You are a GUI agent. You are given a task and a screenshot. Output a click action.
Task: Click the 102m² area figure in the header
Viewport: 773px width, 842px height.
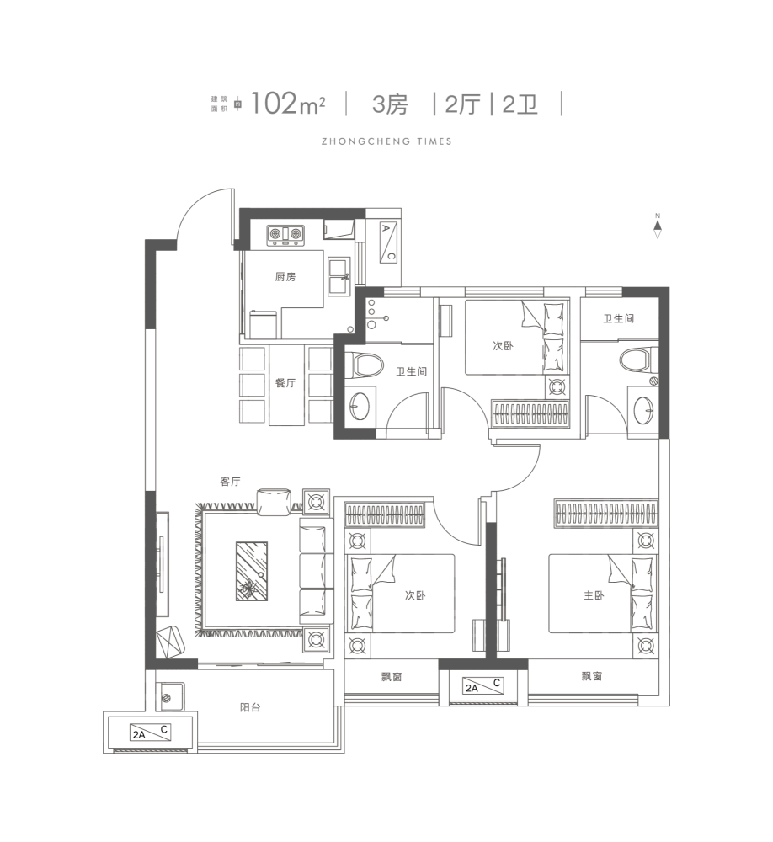287,103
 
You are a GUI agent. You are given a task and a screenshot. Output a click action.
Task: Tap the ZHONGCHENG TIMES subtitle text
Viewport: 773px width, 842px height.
386,141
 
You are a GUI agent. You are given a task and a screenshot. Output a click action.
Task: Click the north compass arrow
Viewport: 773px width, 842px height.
658,226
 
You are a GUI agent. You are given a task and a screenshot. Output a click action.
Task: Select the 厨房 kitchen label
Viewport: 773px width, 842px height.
285,276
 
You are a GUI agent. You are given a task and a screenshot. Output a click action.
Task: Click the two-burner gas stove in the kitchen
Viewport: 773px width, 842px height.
285,234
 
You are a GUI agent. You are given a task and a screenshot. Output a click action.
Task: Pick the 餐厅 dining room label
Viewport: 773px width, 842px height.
285,383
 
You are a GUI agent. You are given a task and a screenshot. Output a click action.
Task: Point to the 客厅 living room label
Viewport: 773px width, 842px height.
230,482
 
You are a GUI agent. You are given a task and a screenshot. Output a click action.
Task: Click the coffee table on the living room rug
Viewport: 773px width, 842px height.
252,571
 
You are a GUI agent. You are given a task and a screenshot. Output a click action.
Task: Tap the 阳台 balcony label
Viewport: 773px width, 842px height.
250,707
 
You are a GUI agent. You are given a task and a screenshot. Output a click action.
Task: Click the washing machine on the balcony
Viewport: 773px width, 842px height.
170,697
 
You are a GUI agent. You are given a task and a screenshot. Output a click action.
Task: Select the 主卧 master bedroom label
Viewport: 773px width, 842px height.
594,595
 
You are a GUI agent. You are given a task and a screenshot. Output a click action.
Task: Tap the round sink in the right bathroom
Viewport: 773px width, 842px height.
644,410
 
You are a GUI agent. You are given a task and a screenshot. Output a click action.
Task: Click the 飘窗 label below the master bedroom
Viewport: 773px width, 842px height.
591,676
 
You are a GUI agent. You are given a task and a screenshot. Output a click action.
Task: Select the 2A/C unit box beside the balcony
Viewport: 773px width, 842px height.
151,733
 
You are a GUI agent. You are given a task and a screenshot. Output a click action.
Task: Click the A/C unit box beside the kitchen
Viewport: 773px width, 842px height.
388,242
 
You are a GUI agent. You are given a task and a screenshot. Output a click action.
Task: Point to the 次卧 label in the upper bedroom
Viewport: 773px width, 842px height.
504,346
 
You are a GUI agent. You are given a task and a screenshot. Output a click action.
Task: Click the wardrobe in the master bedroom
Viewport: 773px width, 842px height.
606,514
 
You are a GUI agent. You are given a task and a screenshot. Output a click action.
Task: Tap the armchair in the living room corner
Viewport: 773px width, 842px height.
171,642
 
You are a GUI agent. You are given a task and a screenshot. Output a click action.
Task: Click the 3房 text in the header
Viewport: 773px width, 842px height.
390,104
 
